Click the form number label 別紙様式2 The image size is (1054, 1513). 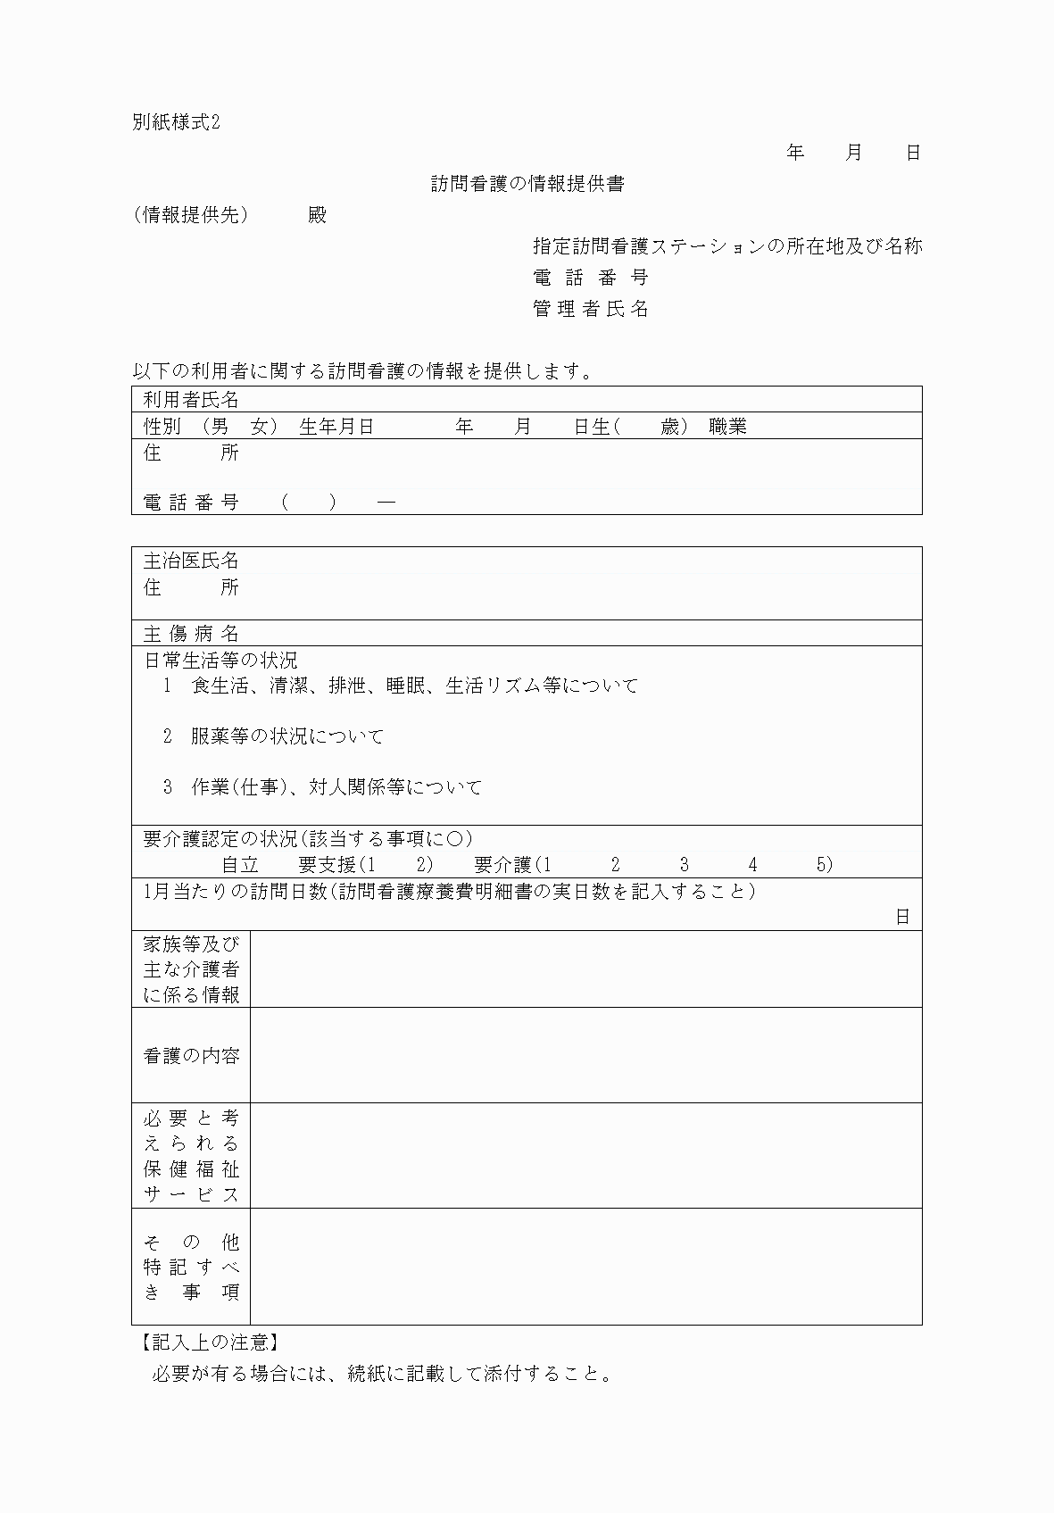coord(176,122)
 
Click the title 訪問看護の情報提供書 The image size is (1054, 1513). coord(527,184)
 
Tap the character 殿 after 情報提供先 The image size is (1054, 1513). coord(317,215)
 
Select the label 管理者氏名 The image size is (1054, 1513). coord(591,309)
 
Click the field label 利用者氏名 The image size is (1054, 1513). coord(191,400)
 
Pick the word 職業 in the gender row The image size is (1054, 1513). coord(727,427)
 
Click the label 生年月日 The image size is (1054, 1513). coord(336,427)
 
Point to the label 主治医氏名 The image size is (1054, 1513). coord(191,561)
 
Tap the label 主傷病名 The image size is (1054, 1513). coord(191,634)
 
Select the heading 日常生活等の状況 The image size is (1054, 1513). coord(220,661)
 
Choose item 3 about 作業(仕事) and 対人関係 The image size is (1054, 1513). coord(322,787)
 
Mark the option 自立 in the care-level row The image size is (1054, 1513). coord(240,865)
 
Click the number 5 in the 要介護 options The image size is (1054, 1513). coord(821,865)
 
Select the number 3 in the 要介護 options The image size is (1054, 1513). coord(684,865)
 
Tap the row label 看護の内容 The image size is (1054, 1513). coord(191,1055)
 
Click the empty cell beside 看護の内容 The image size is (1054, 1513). coord(585,1055)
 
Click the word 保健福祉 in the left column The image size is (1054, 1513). coord(191,1169)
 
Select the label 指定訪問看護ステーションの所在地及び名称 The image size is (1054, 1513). coord(727,246)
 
